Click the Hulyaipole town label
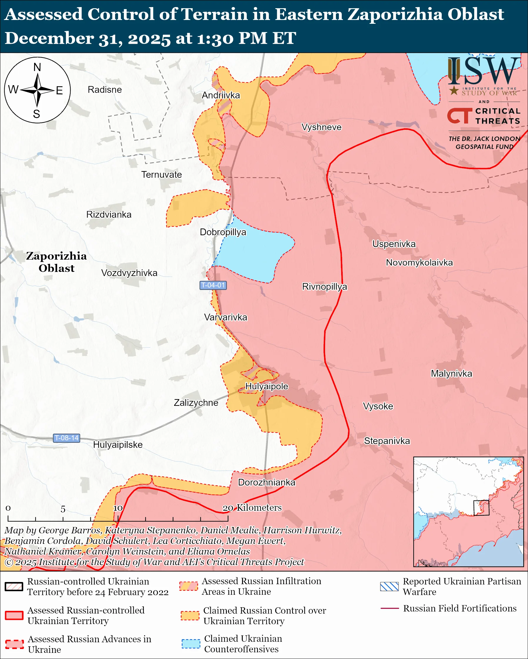point(267,386)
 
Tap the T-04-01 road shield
point(213,285)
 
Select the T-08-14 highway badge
point(67,438)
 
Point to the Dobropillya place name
point(223,232)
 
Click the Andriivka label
point(221,95)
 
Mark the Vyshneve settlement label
point(322,127)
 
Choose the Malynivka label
point(452,374)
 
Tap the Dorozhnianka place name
point(267,482)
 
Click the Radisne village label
point(105,90)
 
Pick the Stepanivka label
point(387,441)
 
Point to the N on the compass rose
point(37,67)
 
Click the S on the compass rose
point(37,114)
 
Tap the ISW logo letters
point(484,72)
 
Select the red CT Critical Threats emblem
point(459,116)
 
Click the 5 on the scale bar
point(63,509)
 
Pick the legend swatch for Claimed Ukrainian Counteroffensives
point(191,643)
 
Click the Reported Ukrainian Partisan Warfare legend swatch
point(389,586)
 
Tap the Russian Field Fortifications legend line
point(389,608)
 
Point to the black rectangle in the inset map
point(481,508)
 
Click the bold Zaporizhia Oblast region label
point(56,262)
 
